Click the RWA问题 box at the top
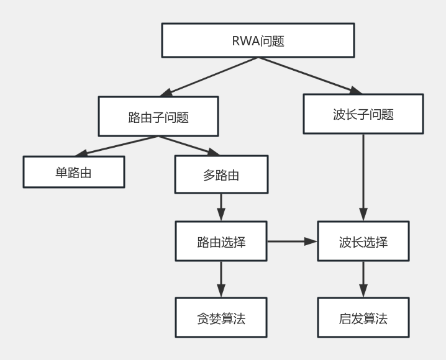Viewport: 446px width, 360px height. pos(257,41)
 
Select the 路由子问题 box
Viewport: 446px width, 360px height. pos(158,117)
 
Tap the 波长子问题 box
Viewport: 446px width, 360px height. pos(363,114)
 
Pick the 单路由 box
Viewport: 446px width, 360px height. pos(73,172)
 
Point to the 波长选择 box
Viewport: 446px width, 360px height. pos(363,241)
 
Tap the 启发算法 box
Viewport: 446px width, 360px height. pos(363,319)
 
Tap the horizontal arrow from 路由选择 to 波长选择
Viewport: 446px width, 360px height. pos(292,241)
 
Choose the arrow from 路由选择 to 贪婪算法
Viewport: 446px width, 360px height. pos(221,280)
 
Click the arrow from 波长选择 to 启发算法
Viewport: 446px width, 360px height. pos(363,280)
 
